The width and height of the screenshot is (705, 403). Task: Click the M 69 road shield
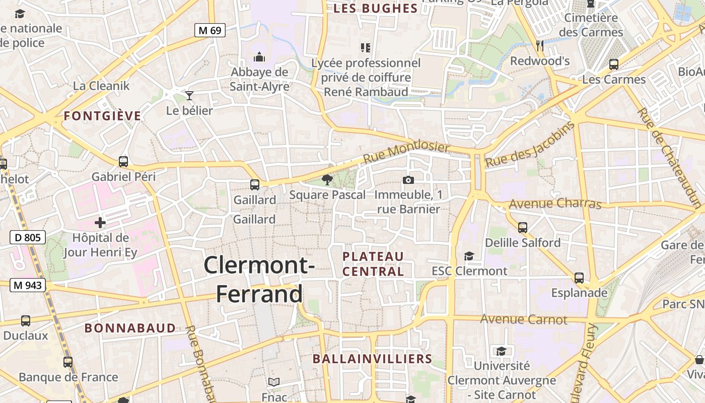pos(209,30)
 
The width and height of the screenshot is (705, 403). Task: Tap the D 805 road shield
pos(28,237)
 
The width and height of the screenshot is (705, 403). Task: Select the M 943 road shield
pos(28,286)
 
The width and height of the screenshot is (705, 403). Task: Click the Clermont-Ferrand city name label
pos(259,279)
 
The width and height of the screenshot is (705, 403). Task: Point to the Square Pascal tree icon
pos(327,180)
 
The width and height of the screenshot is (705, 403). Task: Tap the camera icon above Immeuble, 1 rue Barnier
pos(408,180)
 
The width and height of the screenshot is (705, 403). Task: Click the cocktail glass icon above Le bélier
pos(189,95)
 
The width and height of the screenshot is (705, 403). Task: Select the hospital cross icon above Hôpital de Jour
pos(100,222)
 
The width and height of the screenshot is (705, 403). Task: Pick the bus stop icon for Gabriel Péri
pos(123,162)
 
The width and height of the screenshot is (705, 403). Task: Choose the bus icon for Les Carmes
pos(613,64)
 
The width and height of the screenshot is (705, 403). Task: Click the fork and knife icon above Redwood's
pos(540,46)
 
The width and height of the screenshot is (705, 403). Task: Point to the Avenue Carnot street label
pos(523,319)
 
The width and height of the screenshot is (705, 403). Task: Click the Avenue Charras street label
pos(555,204)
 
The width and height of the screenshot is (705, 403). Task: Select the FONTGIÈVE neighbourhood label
pos(102,116)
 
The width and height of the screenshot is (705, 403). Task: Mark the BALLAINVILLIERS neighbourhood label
pos(372,359)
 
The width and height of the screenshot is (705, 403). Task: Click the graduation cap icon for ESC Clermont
pos(469,256)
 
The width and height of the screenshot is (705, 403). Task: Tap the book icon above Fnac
pos(273,382)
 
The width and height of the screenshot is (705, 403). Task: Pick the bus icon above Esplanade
pos(579,278)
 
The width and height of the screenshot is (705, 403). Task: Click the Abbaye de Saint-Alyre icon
pos(259,57)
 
